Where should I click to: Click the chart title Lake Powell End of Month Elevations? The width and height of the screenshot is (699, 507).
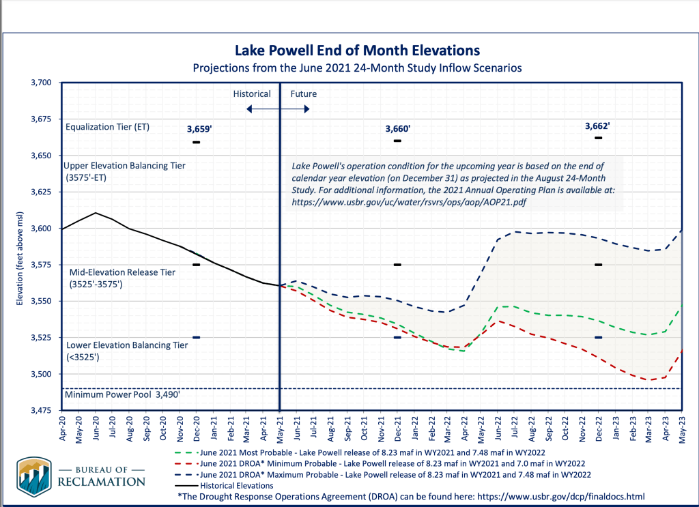pos(357,50)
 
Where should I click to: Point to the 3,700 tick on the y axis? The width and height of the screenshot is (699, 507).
pos(42,83)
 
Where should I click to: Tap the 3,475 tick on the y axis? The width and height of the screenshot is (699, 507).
pos(42,411)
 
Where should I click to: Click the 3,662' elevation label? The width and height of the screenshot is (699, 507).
pos(597,126)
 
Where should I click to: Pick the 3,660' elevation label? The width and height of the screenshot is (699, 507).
pos(397,128)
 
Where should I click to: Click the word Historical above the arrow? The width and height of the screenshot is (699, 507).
pos(252,93)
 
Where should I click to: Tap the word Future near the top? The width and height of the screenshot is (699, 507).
pos(303,93)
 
